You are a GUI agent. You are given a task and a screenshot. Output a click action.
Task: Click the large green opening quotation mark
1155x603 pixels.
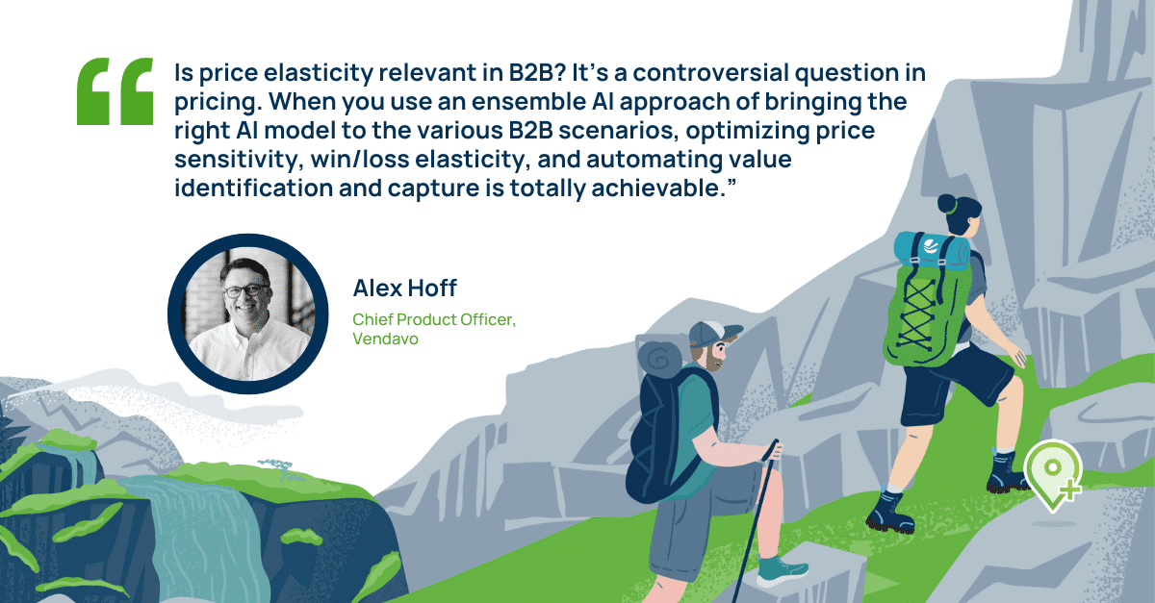(x=115, y=91)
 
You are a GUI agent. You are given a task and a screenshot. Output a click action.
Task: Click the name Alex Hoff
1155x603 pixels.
(x=405, y=289)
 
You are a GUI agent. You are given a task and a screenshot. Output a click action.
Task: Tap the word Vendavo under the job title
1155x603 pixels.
(x=385, y=339)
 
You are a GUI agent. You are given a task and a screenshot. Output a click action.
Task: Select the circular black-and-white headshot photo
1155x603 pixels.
(x=248, y=314)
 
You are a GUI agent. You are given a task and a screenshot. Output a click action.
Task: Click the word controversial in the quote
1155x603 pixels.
(x=710, y=73)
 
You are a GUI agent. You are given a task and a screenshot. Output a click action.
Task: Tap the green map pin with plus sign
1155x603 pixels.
(x=1053, y=474)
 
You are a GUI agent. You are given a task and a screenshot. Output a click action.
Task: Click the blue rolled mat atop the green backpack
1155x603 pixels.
(x=931, y=250)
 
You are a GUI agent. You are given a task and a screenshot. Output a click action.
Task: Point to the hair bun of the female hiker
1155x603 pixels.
(x=946, y=204)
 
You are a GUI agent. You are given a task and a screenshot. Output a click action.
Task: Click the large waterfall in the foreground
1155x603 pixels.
(x=196, y=536)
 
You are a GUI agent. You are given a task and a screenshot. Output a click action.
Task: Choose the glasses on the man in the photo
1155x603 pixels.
(x=246, y=290)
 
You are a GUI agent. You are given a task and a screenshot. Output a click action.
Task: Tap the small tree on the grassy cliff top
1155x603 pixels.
(x=278, y=468)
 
